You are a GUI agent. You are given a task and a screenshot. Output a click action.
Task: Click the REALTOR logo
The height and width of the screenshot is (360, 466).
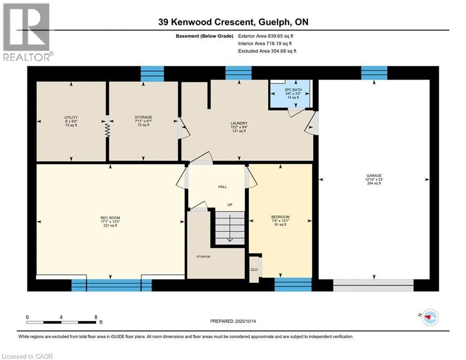tap(27, 32)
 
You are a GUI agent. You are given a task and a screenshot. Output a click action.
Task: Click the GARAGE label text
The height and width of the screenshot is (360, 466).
tap(374, 175)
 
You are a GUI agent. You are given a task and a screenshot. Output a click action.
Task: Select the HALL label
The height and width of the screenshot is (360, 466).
tap(222, 187)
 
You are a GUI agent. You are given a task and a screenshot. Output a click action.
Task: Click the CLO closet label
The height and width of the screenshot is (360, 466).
tap(254, 270)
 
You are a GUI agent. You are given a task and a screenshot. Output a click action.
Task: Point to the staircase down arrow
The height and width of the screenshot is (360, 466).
tap(230, 228)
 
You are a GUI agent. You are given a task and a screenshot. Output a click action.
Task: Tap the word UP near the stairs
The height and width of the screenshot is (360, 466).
tap(230, 205)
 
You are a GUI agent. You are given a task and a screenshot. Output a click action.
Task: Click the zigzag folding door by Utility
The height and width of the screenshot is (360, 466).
tap(107, 130)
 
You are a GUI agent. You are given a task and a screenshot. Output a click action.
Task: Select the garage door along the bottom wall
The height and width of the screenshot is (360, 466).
tap(373, 285)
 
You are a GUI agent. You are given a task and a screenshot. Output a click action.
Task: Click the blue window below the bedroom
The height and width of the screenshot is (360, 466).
tap(293, 285)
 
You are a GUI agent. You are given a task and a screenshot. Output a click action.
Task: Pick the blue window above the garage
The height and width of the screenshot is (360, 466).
tap(374, 73)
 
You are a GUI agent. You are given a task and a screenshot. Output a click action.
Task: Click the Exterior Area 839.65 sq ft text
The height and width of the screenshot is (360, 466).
tap(266, 36)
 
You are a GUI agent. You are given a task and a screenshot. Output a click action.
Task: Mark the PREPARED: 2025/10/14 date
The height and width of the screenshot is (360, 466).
tap(233, 321)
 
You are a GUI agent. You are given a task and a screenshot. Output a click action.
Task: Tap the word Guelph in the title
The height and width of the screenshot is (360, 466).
tap(274, 22)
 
